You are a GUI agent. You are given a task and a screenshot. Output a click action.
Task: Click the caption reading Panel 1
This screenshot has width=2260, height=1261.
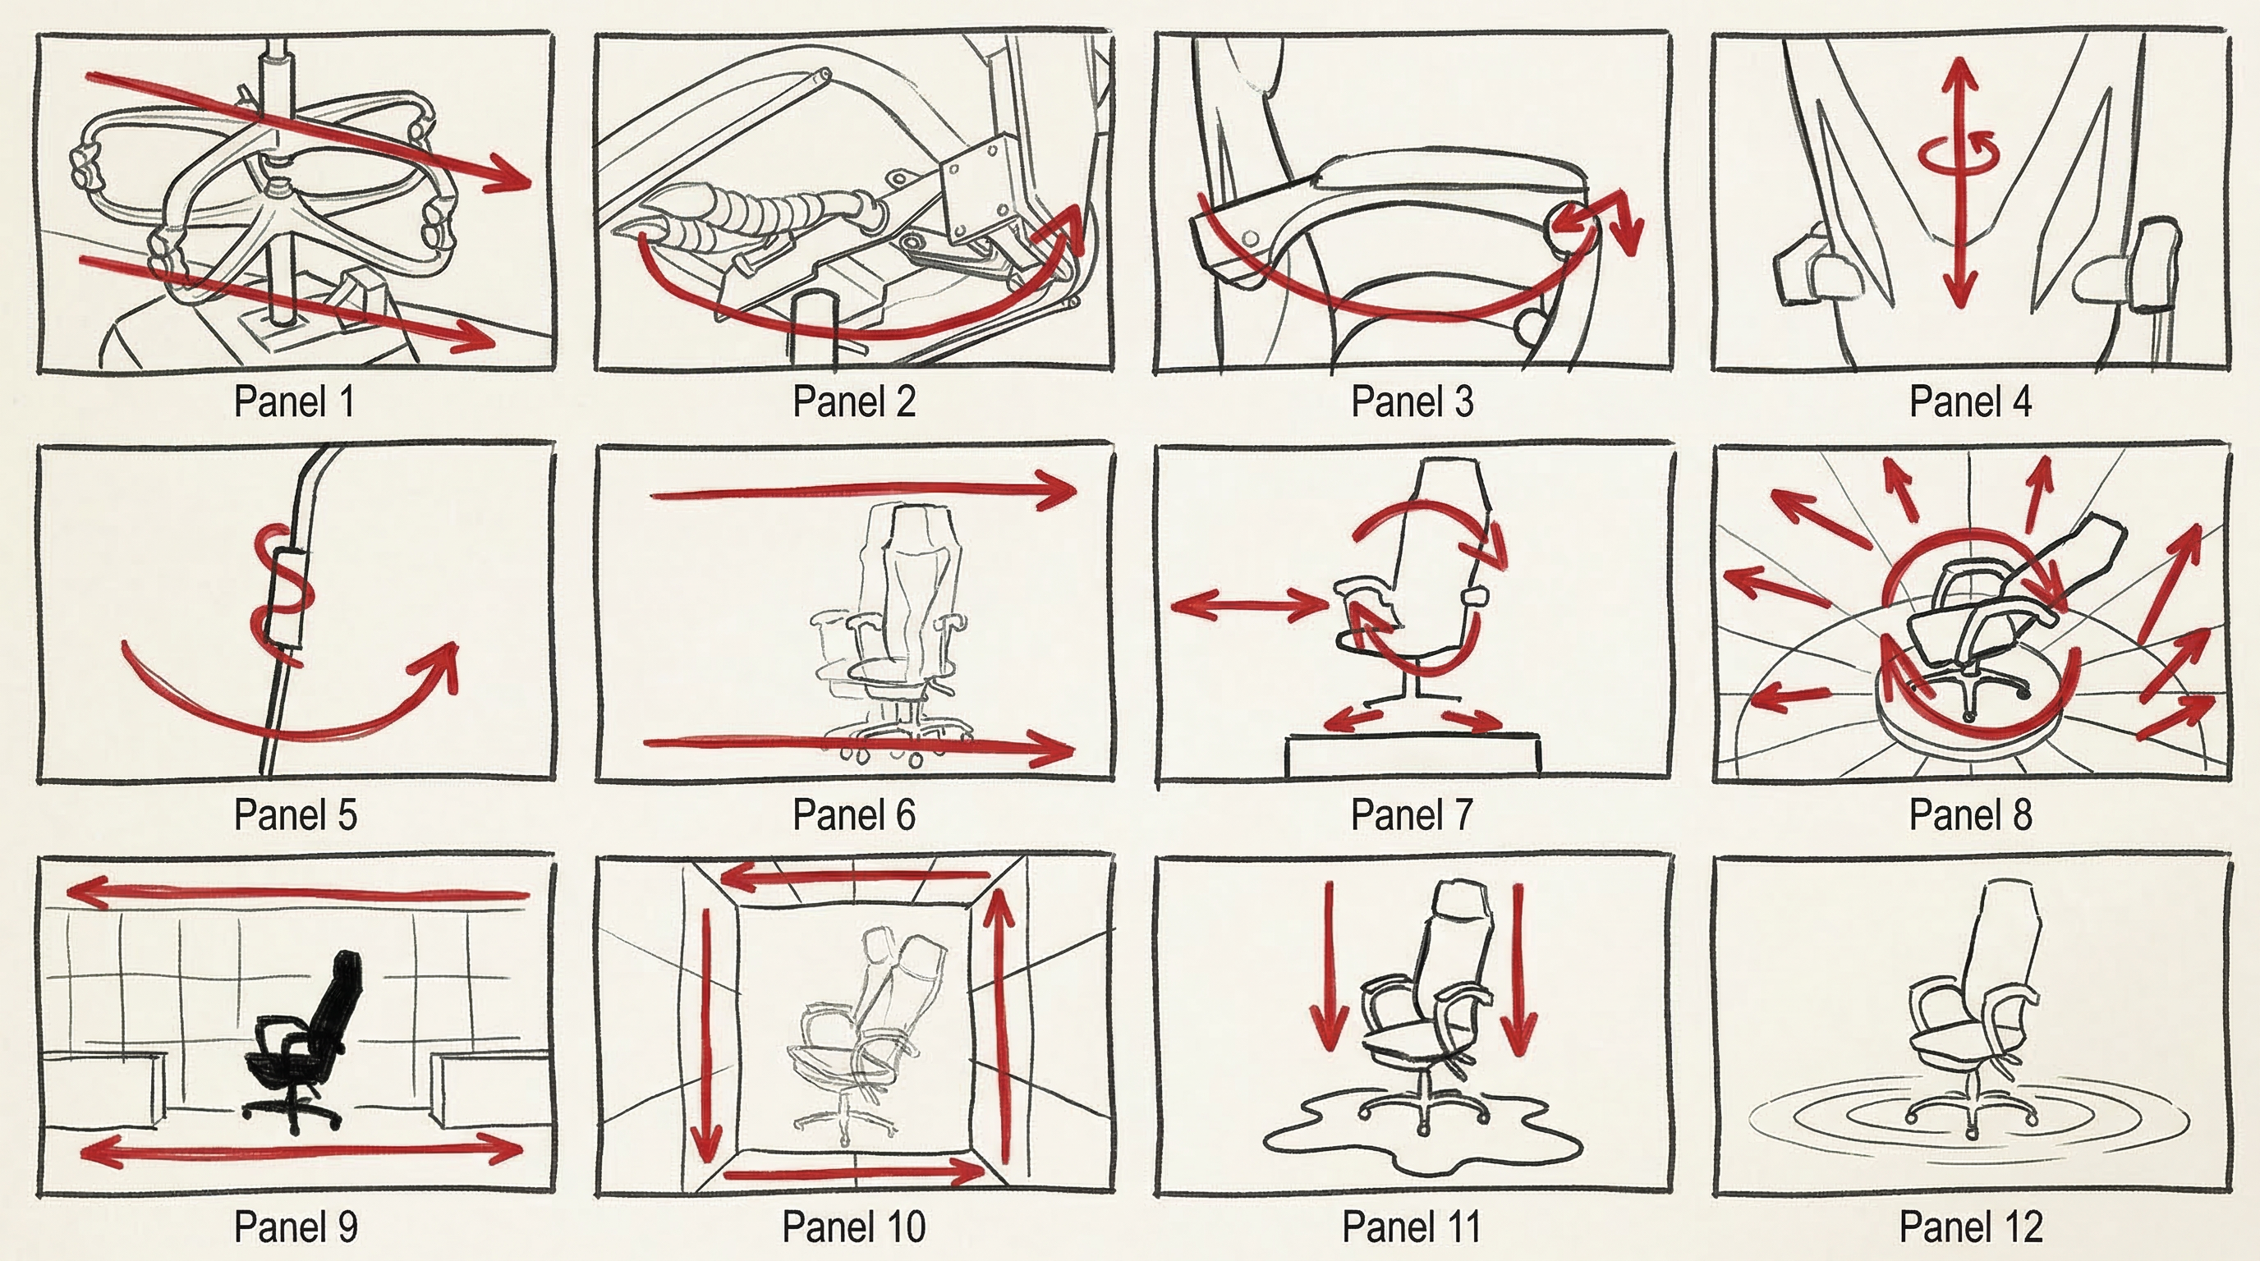(294, 401)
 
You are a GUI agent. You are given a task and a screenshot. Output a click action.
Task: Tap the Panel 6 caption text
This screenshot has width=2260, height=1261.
(853, 814)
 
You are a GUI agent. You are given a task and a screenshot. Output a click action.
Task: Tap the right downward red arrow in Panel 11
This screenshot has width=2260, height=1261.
(1518, 970)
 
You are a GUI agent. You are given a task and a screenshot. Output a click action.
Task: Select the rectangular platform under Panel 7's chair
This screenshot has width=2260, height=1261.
(1412, 756)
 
